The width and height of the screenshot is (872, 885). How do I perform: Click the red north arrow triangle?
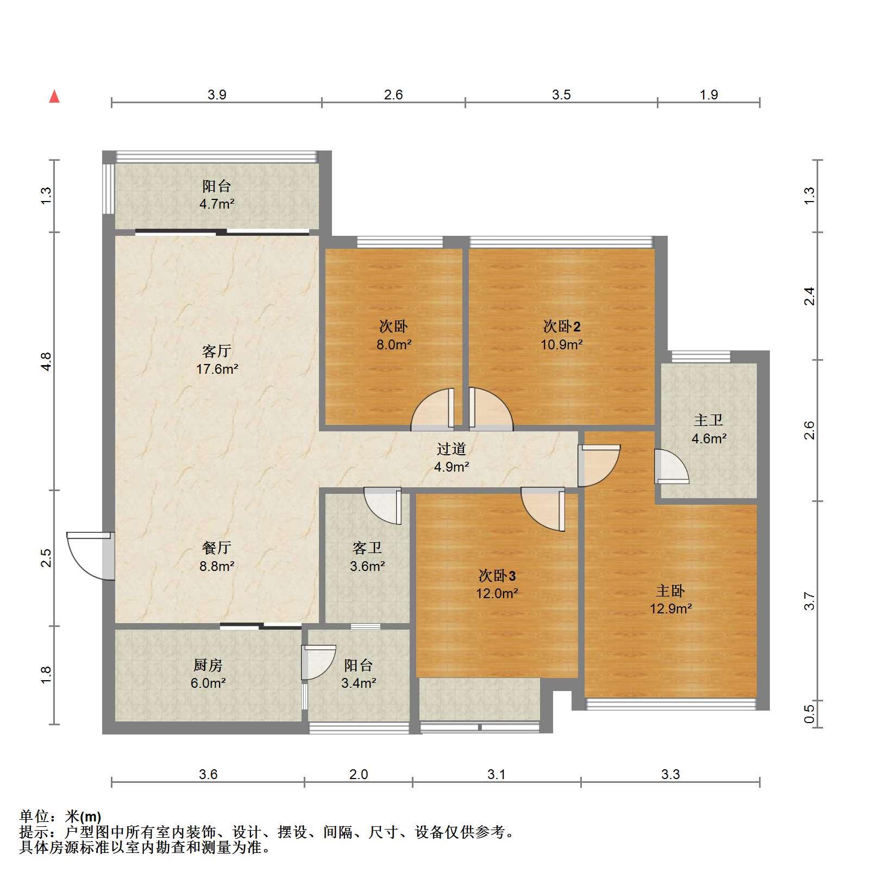[x=54, y=97]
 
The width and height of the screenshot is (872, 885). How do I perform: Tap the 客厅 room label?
[x=217, y=351]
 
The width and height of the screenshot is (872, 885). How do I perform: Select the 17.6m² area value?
[x=217, y=369]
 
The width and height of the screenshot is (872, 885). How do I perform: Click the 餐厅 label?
[x=217, y=548]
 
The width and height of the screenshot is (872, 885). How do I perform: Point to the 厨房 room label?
[x=208, y=665]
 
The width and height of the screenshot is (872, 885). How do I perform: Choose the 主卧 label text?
[x=670, y=591]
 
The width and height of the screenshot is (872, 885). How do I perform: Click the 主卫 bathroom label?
[x=708, y=420]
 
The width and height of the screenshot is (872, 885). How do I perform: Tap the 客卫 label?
[x=367, y=548]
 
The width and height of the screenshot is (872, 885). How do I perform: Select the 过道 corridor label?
[x=451, y=449]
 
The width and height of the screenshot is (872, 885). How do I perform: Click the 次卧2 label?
[x=562, y=326]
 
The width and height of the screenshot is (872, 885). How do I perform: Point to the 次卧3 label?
[x=497, y=575]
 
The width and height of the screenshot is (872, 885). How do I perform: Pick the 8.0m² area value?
[x=394, y=344]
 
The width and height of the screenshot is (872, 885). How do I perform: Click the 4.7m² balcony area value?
[x=217, y=205]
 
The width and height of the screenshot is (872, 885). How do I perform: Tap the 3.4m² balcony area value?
[x=359, y=683]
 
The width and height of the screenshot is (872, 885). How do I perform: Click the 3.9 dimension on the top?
[x=217, y=95]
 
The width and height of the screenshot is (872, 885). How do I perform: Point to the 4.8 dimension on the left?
[x=46, y=361]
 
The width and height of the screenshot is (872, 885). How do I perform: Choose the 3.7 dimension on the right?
[x=810, y=601]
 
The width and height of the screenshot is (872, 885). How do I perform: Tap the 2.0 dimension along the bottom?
[x=359, y=774]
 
